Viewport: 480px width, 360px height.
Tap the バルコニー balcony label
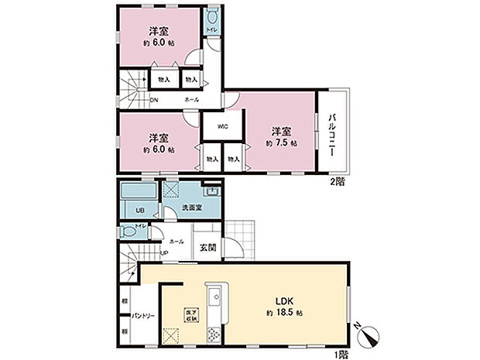coord(332,135)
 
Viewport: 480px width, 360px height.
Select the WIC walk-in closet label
coord(221,126)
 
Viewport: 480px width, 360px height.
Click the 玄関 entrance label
coord(207,248)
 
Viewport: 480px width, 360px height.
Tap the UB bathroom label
coord(140,211)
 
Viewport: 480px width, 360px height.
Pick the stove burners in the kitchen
coord(213,335)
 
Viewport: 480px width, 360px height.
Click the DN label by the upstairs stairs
coord(154,100)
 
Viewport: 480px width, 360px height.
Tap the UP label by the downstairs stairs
coord(164,252)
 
